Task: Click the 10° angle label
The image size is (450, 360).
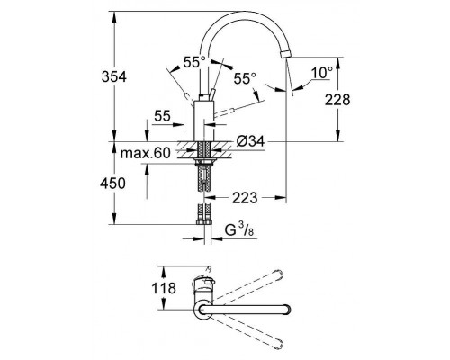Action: click(323, 70)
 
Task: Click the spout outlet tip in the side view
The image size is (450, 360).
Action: click(285, 56)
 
